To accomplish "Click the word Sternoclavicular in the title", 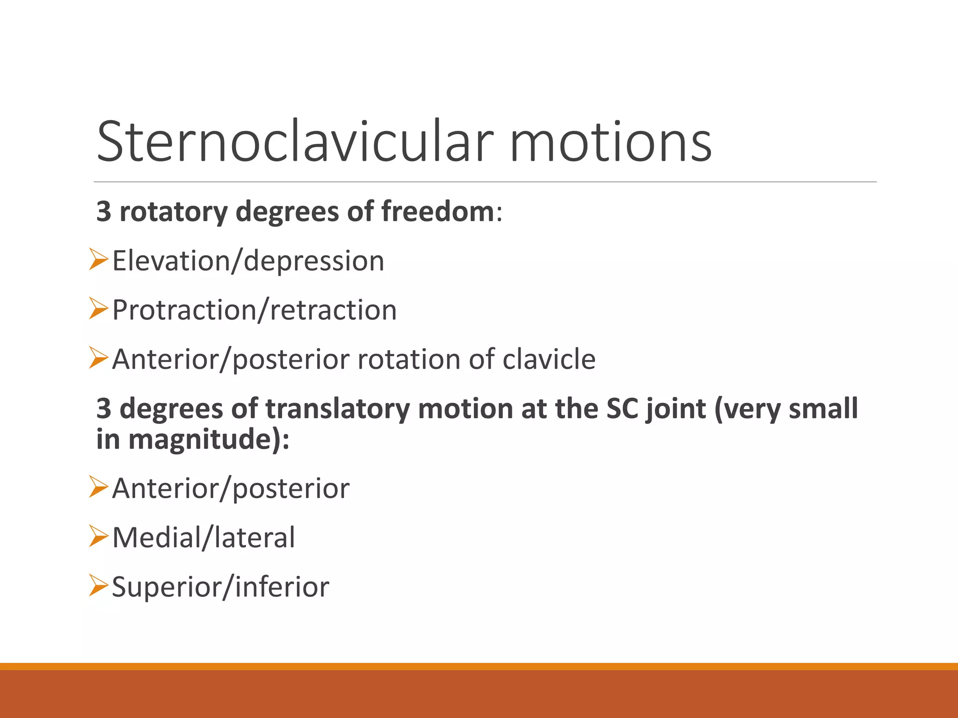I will (295, 141).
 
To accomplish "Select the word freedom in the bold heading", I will (437, 211).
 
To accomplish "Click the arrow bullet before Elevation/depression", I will (98, 259).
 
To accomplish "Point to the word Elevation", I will (171, 260).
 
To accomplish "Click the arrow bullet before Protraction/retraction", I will (98, 309).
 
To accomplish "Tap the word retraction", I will (333, 310).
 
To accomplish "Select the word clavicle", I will (549, 359).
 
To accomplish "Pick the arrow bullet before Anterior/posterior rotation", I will (98, 358).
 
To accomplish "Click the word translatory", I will (337, 409).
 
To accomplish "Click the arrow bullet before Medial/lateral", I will (98, 536).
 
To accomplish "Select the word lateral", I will (255, 538).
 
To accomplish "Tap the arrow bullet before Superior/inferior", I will (98, 585).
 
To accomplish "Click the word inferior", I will (282, 587).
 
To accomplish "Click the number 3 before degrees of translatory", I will (103, 409).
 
